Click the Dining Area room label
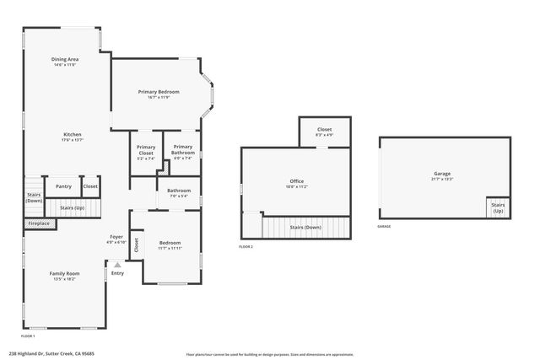click(67, 60)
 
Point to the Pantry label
click(63, 186)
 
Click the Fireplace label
click(39, 223)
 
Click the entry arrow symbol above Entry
click(117, 265)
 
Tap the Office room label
click(296, 181)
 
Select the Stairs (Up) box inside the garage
click(498, 207)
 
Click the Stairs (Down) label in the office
click(305, 227)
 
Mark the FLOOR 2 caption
click(246, 246)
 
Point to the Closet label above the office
click(324, 130)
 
